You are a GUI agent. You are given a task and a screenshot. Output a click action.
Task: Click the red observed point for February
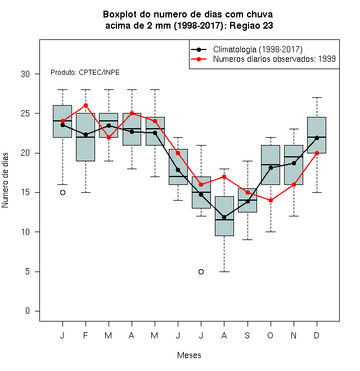click(85, 106)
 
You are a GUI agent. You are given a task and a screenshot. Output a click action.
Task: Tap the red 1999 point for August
click(224, 177)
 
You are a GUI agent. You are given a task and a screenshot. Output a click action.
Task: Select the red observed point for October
click(271, 201)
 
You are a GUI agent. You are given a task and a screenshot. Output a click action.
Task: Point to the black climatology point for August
click(224, 217)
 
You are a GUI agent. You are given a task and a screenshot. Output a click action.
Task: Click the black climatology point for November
click(294, 163)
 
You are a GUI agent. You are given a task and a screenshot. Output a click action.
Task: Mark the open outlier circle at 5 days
click(201, 272)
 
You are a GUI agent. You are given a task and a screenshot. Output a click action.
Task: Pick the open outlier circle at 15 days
click(63, 193)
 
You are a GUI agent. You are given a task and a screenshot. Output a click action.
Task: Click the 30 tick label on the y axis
click(25, 74)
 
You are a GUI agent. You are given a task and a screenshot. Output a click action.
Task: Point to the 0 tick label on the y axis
click(28, 311)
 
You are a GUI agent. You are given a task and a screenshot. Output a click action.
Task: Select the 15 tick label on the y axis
click(25, 192)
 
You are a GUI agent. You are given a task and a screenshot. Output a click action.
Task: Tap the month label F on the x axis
click(85, 335)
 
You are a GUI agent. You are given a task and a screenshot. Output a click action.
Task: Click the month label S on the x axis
click(247, 335)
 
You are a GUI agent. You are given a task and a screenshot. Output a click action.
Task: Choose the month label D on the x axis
click(317, 335)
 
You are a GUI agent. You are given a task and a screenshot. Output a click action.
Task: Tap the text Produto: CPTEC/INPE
click(85, 73)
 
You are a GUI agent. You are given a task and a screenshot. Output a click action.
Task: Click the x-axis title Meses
click(189, 355)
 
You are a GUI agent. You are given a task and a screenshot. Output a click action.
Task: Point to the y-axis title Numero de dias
click(5, 180)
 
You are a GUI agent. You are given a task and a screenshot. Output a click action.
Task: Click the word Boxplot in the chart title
click(120, 15)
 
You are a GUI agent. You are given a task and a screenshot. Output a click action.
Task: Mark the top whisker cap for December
click(317, 97)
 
